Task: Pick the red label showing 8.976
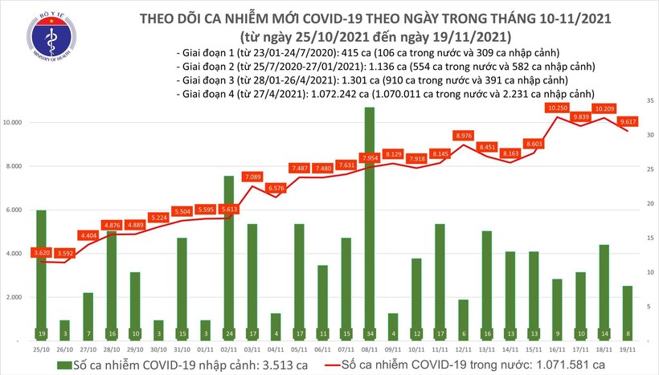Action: click(x=463, y=136)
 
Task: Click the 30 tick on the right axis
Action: click(x=649, y=135)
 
